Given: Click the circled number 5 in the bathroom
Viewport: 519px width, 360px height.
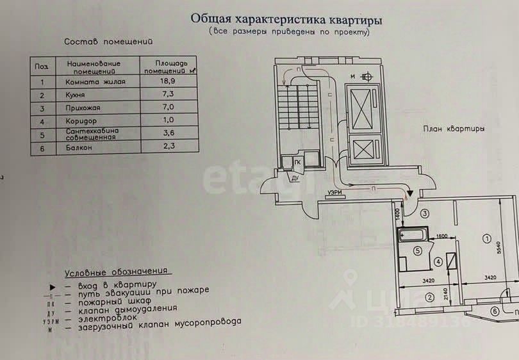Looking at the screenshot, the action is click(x=417, y=251).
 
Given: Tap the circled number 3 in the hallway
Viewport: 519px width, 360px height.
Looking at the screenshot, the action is click(x=424, y=213).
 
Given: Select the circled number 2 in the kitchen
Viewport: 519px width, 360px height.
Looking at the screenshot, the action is click(x=429, y=297).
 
